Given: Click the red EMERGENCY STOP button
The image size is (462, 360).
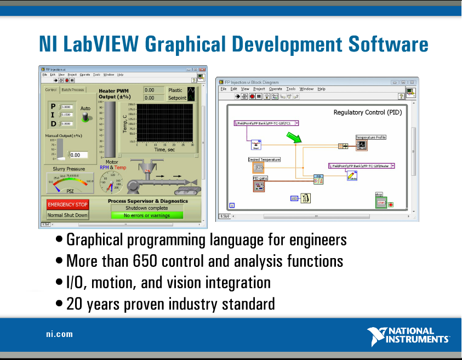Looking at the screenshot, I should pos(67,204).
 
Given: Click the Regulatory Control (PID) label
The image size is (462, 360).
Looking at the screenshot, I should pos(368,112).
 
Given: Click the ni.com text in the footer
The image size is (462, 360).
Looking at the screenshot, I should pos(59,334).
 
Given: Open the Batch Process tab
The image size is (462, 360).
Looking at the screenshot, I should pos(72,90).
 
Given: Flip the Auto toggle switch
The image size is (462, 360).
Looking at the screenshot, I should pos(85,118).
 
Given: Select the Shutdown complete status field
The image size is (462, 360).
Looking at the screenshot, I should pos(146,208).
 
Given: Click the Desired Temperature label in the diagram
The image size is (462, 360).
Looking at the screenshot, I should pos(264,159).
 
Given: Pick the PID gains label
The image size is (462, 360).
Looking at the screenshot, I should pos(260,179).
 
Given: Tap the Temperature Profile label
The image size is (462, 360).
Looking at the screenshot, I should pos(371,138).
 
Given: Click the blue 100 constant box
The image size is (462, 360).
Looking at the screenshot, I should pos(294,198).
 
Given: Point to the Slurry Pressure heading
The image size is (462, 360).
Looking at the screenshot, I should pos(69,169).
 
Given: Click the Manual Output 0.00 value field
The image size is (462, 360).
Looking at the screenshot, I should pos(78,155).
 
